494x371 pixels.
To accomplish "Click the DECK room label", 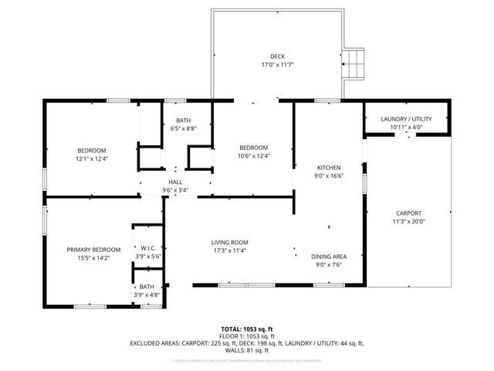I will click(x=277, y=56).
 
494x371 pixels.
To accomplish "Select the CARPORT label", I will click(x=408, y=213).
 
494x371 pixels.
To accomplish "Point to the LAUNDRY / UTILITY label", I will click(x=407, y=118).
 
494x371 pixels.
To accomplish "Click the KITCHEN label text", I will click(x=329, y=167).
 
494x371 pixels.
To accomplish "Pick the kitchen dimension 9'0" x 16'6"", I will click(x=329, y=175).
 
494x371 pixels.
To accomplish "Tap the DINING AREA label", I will click(x=328, y=256).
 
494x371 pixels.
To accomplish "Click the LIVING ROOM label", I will click(x=230, y=242).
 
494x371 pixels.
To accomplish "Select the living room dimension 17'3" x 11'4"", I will click(x=230, y=250).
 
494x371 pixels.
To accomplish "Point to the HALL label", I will click(x=175, y=182).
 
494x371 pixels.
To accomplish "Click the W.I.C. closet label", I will click(x=149, y=248).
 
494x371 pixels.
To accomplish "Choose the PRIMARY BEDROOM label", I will click(x=93, y=250).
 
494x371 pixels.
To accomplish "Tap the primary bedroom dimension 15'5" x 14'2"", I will click(x=93, y=258).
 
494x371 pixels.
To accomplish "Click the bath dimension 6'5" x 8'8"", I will click(x=184, y=128).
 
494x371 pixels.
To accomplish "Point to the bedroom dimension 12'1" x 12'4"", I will click(x=91, y=158).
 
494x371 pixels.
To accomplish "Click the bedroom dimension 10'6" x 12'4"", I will click(x=253, y=156).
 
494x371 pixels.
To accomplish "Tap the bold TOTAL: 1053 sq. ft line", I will click(x=248, y=329).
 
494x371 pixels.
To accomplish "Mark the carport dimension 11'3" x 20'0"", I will click(x=408, y=222).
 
